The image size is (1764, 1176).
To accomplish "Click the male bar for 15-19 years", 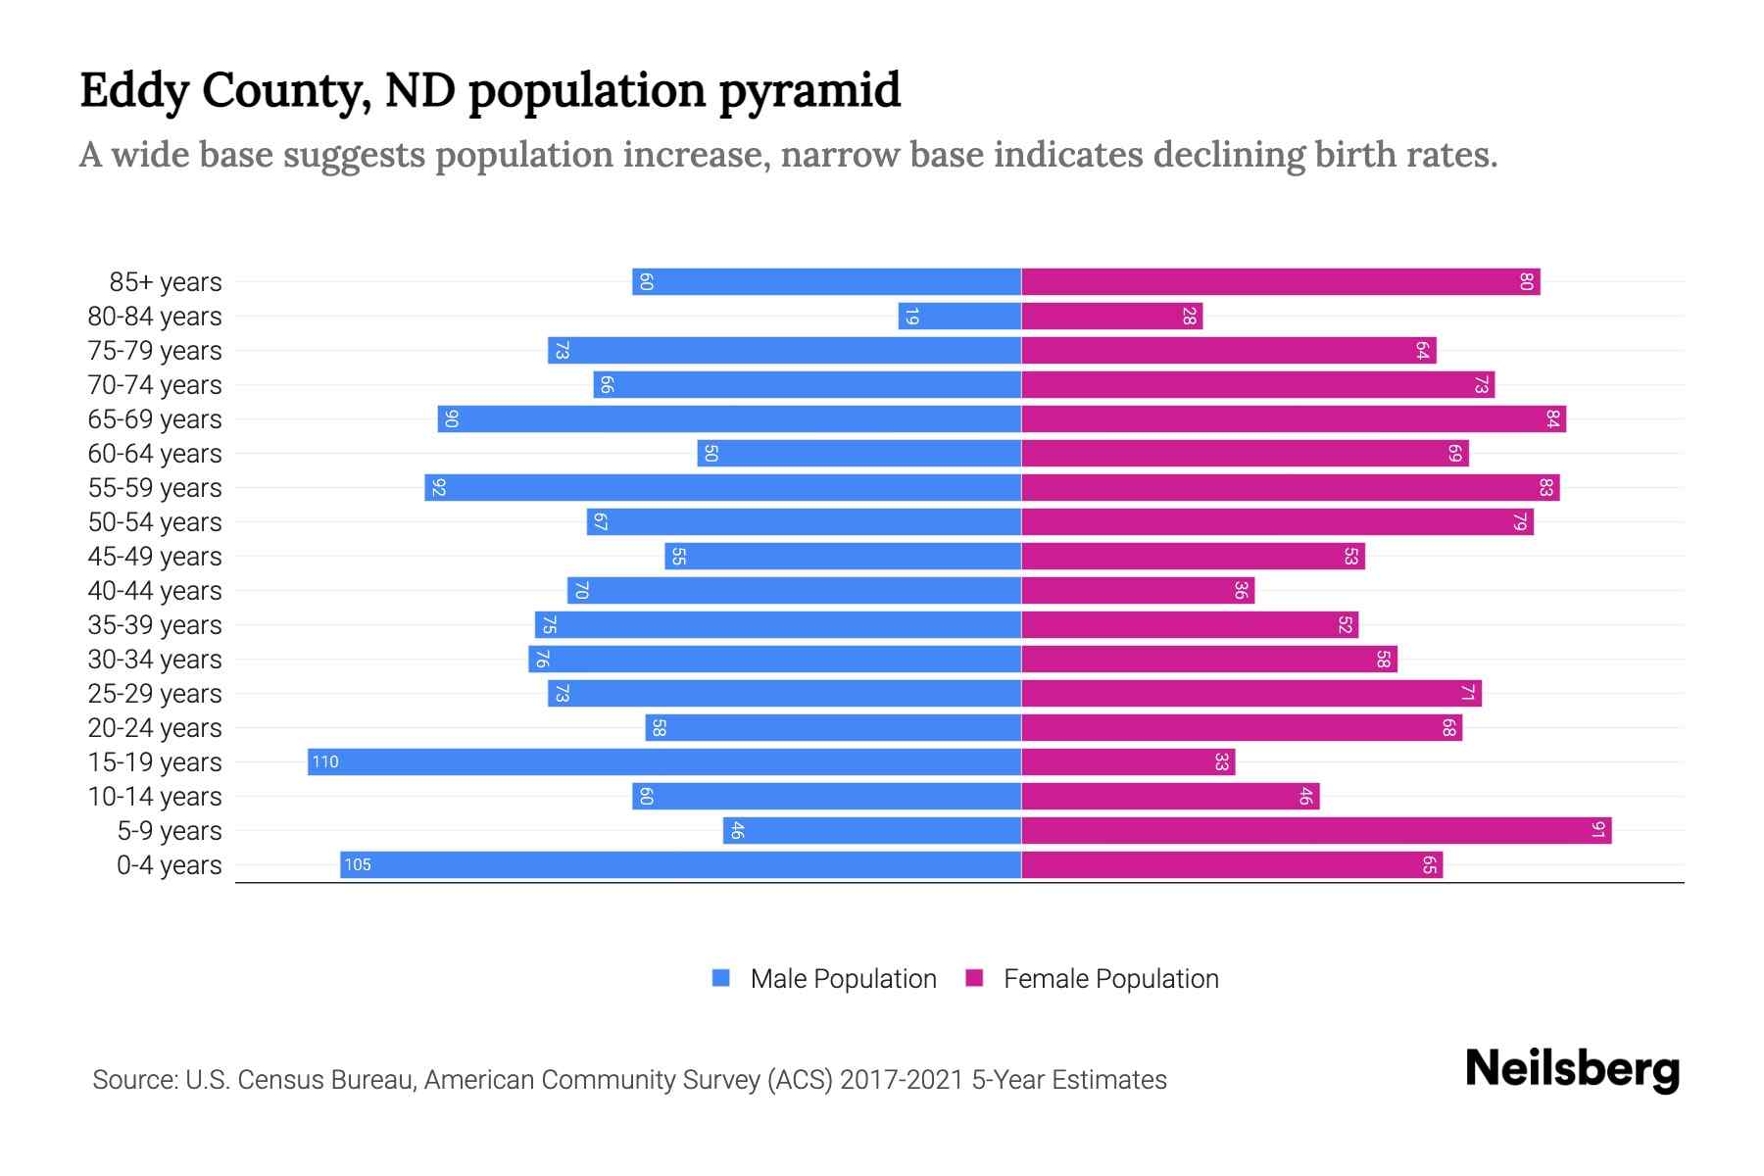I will tap(664, 762).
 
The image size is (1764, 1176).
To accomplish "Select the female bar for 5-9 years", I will tap(1315, 831).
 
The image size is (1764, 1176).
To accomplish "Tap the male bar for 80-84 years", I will tap(959, 317).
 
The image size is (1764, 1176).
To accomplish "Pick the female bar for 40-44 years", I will tap(1137, 591).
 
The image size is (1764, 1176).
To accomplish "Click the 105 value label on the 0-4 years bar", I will tap(358, 865).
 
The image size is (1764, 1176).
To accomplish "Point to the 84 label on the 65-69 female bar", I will tap(1552, 419).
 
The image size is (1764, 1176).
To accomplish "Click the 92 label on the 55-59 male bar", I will tap(438, 488).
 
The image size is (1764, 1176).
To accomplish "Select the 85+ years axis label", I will tap(166, 282).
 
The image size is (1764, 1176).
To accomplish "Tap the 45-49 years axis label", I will tap(155, 557).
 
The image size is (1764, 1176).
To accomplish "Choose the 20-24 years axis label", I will tap(155, 728).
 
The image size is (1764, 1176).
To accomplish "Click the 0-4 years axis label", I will tap(169, 865).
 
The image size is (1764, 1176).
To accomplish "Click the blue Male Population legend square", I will tap(721, 978).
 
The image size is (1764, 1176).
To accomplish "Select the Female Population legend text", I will tap(1110, 979).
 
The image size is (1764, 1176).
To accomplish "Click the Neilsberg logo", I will tap(1572, 1069).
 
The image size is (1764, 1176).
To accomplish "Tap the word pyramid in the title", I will tap(809, 91).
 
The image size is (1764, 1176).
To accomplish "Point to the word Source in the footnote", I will tap(133, 1080).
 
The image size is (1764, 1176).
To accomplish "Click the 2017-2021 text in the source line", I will tap(902, 1080).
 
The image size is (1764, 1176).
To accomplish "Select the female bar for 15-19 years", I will tap(1127, 762).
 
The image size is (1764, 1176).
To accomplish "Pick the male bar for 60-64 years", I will tap(859, 454).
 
